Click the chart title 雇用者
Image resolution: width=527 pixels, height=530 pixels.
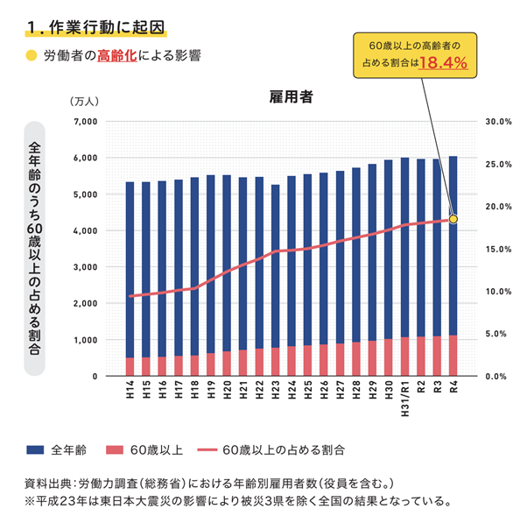(x=292, y=98)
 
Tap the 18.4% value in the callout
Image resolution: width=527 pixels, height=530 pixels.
(x=442, y=63)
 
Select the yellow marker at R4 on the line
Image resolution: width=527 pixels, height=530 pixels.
(x=453, y=218)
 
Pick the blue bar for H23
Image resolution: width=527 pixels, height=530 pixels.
(x=275, y=263)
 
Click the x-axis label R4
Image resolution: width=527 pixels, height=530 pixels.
(x=453, y=387)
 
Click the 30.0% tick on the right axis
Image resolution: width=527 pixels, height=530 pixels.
(x=497, y=121)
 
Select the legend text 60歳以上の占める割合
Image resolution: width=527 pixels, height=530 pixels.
(x=283, y=449)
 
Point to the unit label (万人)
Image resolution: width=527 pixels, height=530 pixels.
(x=88, y=101)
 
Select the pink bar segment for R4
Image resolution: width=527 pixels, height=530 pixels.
(x=453, y=356)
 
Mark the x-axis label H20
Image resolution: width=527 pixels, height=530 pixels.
(x=227, y=388)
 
